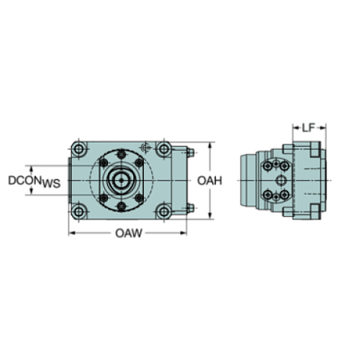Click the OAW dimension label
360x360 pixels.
(128, 234)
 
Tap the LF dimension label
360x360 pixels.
(309, 127)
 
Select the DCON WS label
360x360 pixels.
(33, 180)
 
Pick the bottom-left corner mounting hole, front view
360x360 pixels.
(77, 211)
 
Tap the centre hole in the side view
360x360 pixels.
(281, 180)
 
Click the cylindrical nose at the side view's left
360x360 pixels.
(249, 180)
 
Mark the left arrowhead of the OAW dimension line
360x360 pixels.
(71, 234)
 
